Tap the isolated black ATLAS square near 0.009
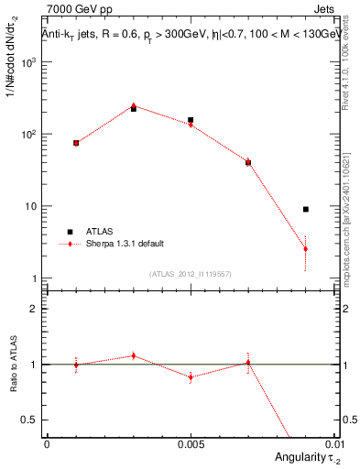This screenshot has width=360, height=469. [306, 210]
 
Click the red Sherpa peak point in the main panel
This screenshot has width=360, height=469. [134, 105]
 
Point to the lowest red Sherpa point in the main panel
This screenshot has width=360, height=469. [306, 248]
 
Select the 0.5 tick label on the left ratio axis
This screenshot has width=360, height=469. [31, 420]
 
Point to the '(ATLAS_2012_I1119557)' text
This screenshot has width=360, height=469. [190, 274]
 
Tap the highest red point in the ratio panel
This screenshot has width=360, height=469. [134, 355]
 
